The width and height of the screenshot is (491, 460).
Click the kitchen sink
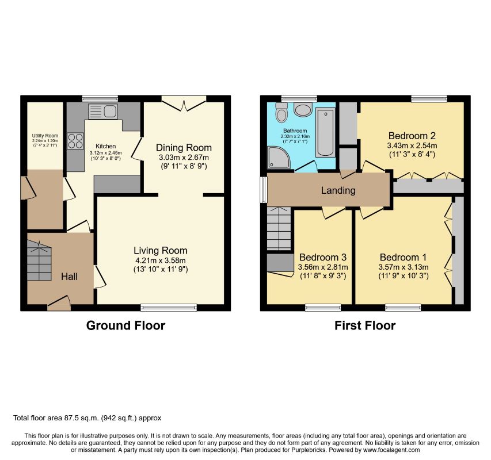tap(102, 112)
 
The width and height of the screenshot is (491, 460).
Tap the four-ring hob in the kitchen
tap(75, 141)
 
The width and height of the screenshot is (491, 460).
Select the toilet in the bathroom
tap(281, 112)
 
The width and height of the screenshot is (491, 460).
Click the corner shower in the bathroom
tap(279, 158)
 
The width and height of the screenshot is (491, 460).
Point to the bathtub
tap(325, 132)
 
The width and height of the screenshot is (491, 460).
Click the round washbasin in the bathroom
tap(303, 110)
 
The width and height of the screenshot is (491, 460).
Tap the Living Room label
tap(161, 251)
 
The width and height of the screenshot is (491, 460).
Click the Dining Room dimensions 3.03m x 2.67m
tap(184, 157)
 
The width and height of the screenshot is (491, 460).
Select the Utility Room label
tap(45, 136)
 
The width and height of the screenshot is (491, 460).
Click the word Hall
tap(69, 277)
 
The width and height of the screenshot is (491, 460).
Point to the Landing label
tap(338, 190)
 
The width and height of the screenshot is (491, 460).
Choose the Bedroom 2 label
tap(412, 136)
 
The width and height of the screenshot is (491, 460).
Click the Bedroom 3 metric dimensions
tap(323, 267)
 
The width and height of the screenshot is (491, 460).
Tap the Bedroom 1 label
tap(403, 258)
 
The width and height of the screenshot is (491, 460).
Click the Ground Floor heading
tap(125, 325)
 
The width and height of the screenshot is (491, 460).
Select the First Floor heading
tap(365, 325)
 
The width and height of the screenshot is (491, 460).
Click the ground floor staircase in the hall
tap(39, 260)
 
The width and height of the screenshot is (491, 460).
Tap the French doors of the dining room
tap(184, 103)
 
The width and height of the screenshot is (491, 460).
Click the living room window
tap(169, 308)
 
